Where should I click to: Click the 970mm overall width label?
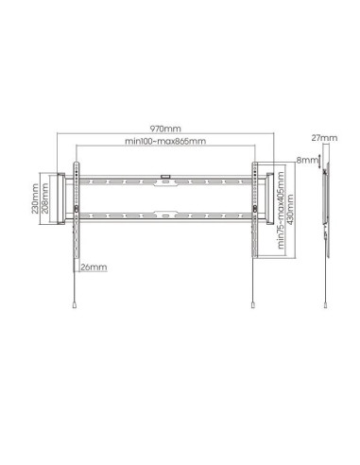[165, 129]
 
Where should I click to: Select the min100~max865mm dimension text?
[165, 141]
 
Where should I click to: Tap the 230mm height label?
[35, 198]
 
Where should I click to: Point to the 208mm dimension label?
[45, 198]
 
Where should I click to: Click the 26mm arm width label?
[94, 267]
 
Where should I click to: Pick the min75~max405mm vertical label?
[281, 211]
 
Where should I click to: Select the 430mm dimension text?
[290, 210]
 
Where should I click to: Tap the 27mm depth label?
[324, 138]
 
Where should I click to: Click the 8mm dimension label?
[307, 160]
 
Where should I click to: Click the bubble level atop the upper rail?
[165, 177]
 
